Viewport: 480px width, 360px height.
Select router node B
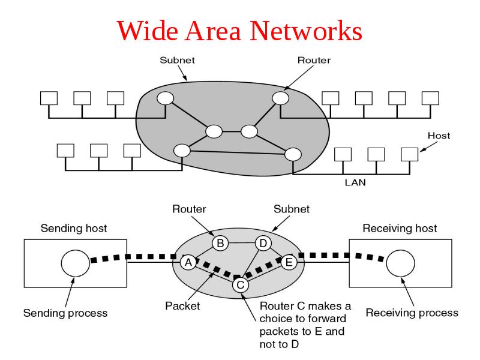click(x=220, y=243)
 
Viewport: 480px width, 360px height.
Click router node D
click(x=263, y=243)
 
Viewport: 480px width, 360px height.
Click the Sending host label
click(x=74, y=229)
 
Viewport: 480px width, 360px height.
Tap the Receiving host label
click(x=401, y=229)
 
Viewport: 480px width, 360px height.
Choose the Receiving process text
click(x=412, y=313)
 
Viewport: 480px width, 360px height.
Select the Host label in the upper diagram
click(x=439, y=136)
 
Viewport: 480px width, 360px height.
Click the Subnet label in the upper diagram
click(x=177, y=60)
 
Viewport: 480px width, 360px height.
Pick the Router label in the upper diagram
click(x=314, y=60)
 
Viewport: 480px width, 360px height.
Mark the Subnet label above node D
click(x=292, y=209)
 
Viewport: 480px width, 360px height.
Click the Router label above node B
click(x=190, y=209)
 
